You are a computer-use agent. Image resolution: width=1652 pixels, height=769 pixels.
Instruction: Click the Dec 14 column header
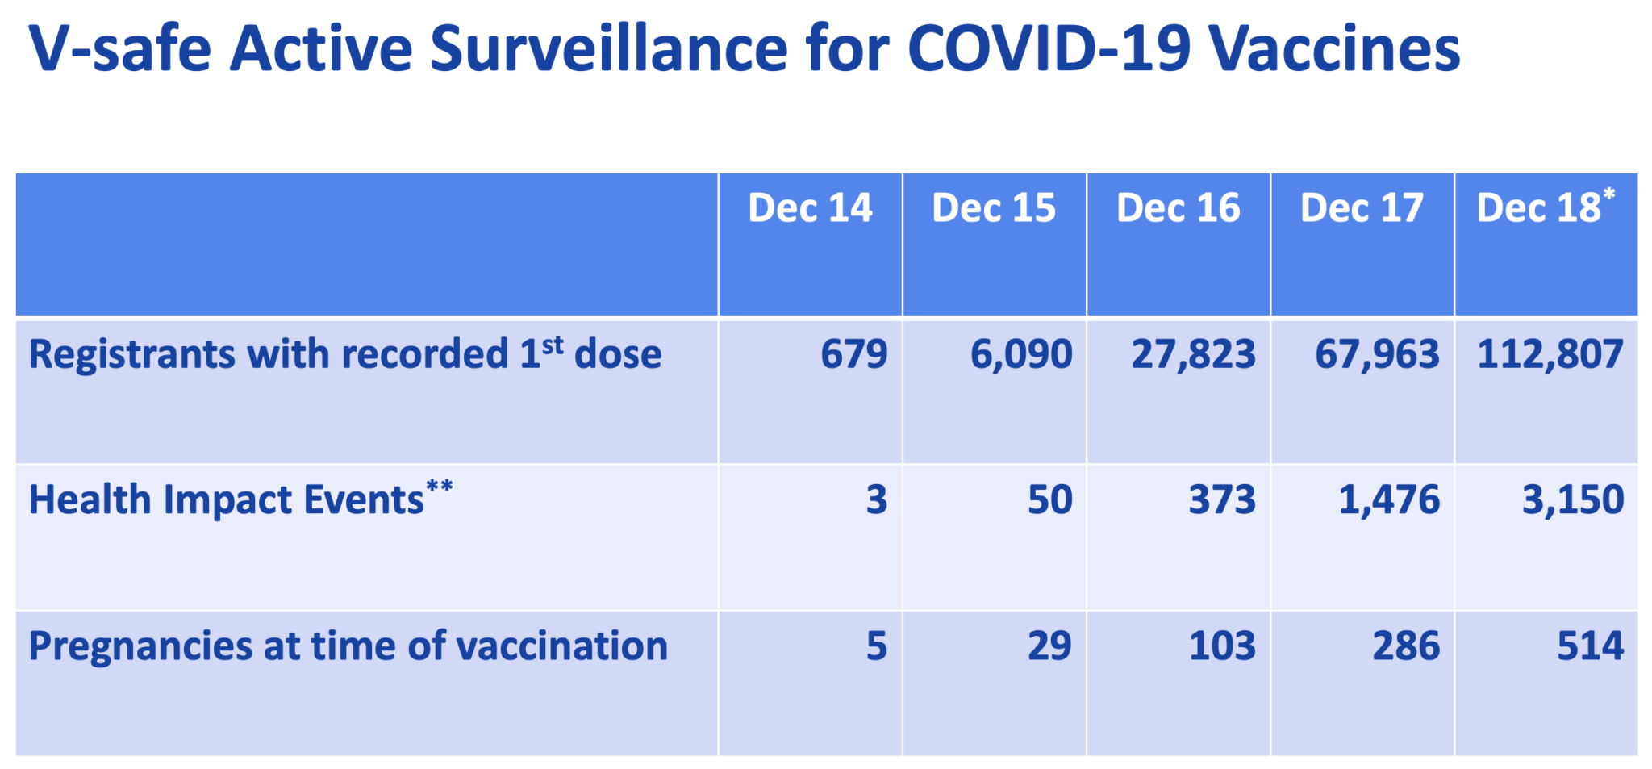tap(810, 208)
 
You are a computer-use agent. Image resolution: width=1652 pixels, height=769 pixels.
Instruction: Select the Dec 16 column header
tap(1178, 208)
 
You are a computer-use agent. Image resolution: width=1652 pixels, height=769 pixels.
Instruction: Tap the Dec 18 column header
tap(1539, 208)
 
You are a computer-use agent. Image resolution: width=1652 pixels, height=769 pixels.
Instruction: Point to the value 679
tap(853, 354)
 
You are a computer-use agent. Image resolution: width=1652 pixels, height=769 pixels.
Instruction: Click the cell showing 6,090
tap(1020, 354)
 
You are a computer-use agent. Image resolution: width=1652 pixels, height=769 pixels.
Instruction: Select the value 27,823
tap(1193, 354)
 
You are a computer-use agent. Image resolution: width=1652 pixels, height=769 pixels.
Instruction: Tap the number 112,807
tap(1550, 354)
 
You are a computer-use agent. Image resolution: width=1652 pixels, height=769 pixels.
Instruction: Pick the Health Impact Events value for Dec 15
tap(1049, 499)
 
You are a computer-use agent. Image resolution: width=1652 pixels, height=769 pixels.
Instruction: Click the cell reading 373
tap(1222, 499)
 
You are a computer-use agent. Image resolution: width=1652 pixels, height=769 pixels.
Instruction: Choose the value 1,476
tap(1389, 499)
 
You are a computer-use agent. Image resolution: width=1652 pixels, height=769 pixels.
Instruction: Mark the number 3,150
tap(1572, 499)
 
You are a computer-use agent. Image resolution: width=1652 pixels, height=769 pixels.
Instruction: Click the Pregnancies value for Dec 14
tap(876, 646)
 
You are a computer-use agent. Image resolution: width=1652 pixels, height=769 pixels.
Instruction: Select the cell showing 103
tap(1222, 646)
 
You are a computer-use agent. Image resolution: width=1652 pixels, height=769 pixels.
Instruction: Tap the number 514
tap(1590, 646)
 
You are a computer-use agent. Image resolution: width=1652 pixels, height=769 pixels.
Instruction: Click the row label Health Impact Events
tap(226, 499)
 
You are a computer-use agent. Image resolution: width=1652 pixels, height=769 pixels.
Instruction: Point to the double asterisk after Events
tap(440, 487)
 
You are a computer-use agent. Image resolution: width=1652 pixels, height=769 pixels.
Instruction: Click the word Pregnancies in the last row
tap(140, 646)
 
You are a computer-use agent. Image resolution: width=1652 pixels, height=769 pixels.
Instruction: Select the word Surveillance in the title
tap(608, 48)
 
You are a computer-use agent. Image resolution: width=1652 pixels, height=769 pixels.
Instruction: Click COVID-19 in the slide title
tap(1049, 48)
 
